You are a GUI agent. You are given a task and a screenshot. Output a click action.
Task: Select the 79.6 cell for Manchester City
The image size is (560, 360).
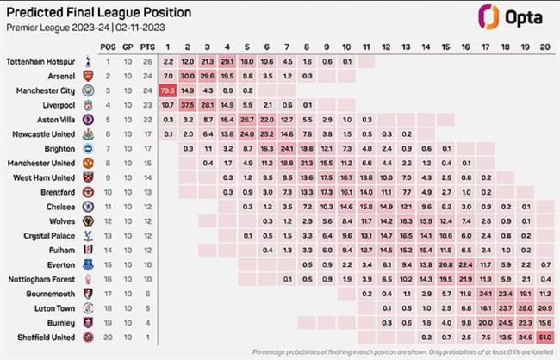[x=167, y=90]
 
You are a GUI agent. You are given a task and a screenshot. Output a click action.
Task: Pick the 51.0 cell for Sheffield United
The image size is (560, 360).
[x=544, y=336]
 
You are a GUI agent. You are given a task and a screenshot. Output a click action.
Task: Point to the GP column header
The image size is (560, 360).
[x=127, y=46]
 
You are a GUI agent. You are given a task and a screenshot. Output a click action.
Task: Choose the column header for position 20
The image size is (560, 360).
[x=544, y=46]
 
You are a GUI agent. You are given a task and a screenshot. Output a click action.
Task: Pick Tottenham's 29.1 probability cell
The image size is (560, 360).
[x=227, y=62]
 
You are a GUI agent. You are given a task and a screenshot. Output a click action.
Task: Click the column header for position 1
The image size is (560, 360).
[x=167, y=46]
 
